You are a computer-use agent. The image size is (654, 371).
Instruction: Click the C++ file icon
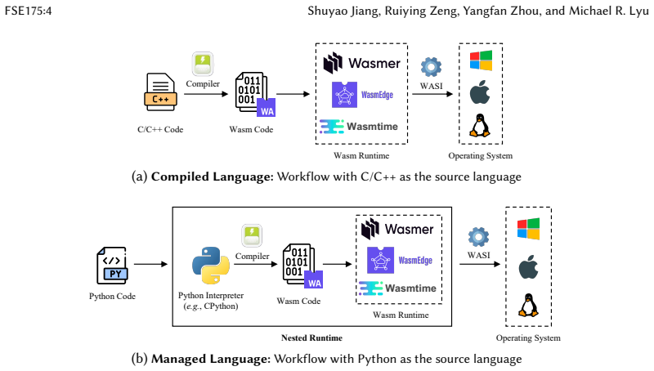[160, 92]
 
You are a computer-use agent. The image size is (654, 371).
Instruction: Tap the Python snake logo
[211, 266]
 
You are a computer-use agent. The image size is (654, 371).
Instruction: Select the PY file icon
[112, 266]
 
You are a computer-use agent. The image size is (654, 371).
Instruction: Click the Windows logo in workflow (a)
[481, 60]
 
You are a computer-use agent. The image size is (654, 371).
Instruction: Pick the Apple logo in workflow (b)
[528, 266]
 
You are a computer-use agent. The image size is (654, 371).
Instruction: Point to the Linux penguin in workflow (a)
[480, 126]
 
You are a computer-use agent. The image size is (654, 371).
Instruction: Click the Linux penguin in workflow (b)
[528, 305]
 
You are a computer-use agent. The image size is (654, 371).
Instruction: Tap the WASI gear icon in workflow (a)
[431, 67]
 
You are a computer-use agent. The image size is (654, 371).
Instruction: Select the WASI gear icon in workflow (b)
[478, 237]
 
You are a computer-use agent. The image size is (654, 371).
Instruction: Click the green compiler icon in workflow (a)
[203, 64]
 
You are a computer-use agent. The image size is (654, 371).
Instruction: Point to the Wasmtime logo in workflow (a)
[359, 127]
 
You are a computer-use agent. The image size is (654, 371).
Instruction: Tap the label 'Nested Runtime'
[311, 337]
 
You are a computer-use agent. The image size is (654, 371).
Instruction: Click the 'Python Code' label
[112, 296]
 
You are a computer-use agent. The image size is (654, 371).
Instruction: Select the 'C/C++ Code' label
[160, 129]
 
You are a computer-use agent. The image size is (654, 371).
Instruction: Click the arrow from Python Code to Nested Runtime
[150, 264]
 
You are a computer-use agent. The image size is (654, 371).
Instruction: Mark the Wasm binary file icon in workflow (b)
[302, 266]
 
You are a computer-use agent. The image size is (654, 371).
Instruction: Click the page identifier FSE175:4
[28, 11]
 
